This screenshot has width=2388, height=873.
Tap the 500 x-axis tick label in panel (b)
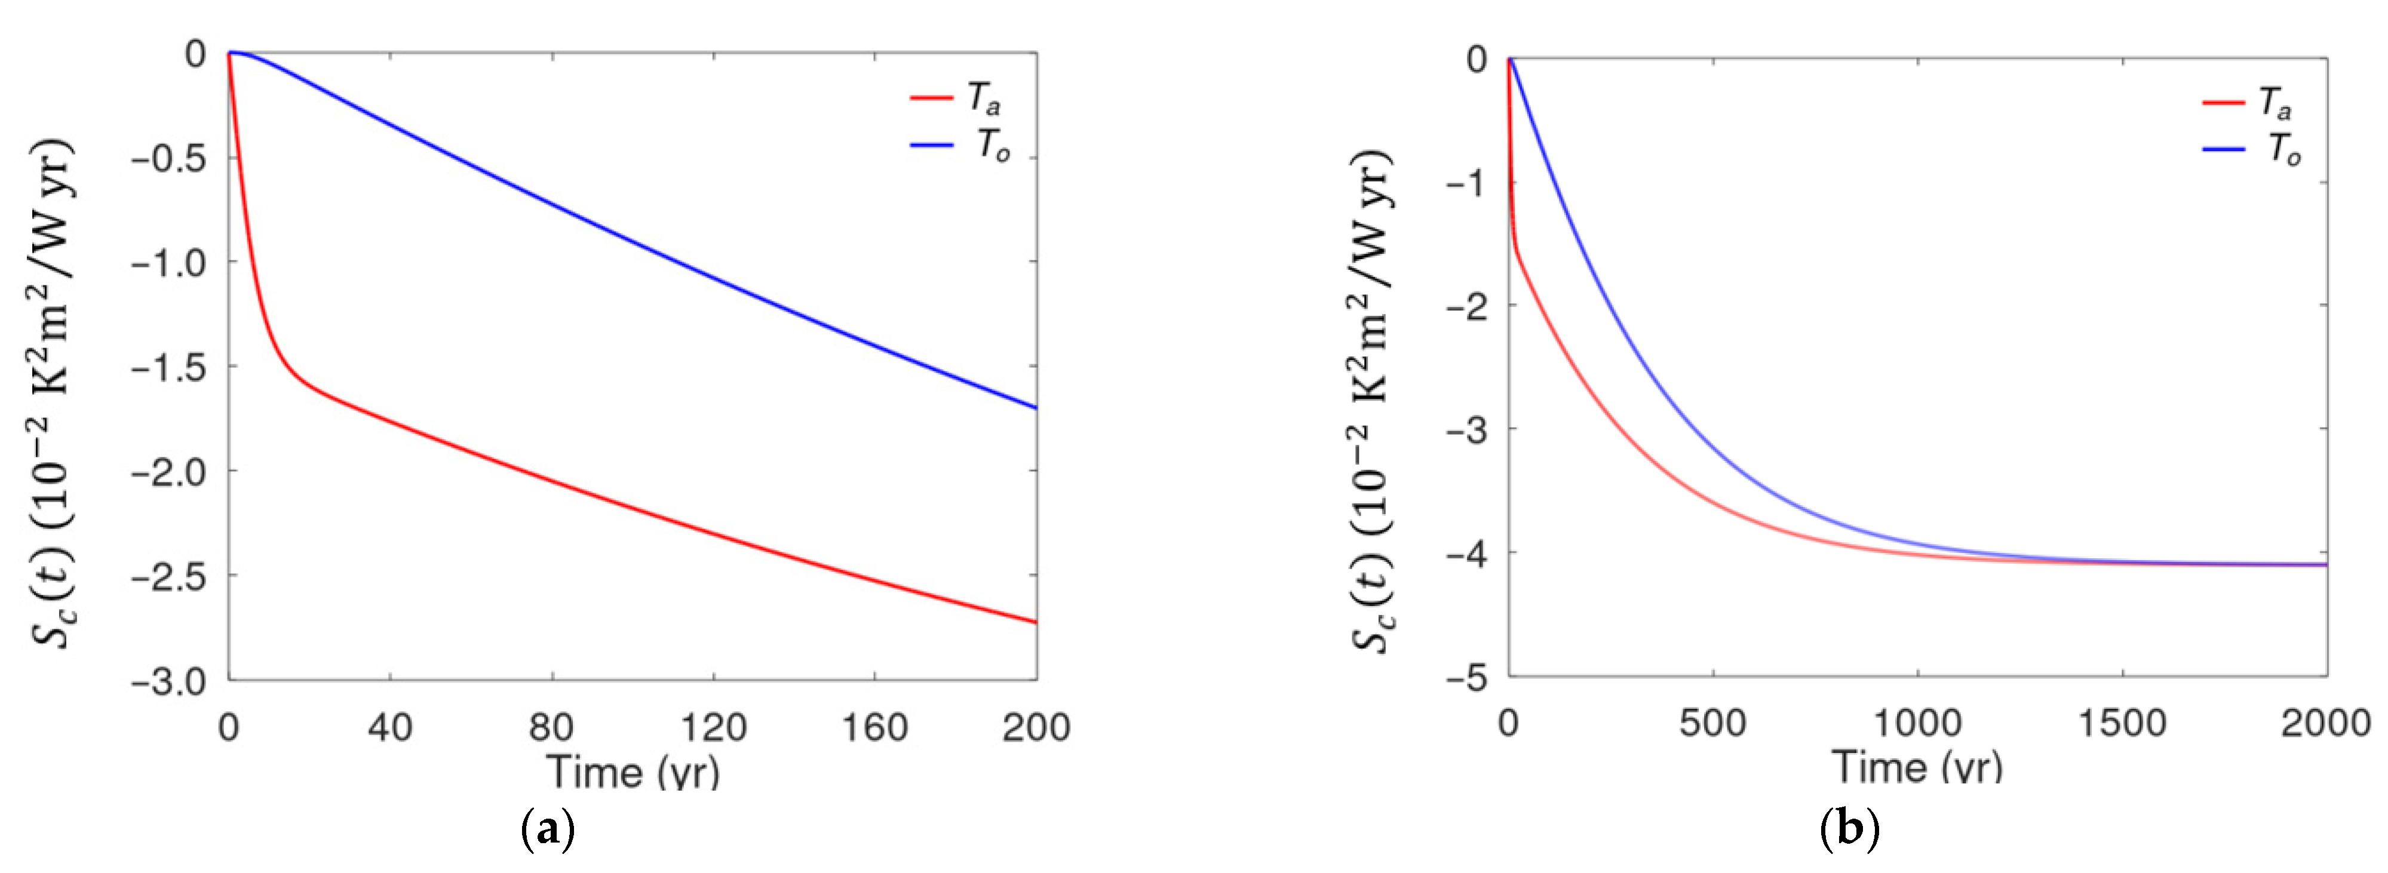coord(1712,723)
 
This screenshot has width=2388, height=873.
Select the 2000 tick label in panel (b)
coord(2325,723)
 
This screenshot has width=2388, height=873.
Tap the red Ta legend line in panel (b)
coord(2224,102)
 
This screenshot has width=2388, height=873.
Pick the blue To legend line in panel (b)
coord(2224,149)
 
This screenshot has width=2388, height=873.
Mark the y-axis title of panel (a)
coord(54,394)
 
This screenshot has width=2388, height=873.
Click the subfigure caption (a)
coord(548,829)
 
